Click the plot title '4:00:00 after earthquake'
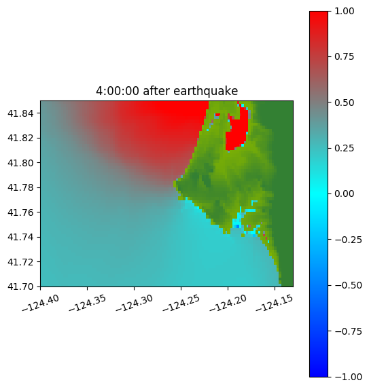167,91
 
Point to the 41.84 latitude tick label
20,113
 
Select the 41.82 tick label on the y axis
20,138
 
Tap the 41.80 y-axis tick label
20,163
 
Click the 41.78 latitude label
20,187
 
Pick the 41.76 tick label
20,212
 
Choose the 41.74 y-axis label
20,237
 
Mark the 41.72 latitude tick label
20,262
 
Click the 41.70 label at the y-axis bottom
20,286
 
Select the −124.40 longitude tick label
41,303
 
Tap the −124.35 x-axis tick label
87,303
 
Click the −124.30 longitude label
134,303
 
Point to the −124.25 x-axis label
181,303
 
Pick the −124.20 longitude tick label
228,303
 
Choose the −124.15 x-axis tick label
275,303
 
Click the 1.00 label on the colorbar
344,11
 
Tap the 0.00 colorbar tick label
344,193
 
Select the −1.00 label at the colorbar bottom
348,377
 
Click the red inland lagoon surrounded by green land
237,132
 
